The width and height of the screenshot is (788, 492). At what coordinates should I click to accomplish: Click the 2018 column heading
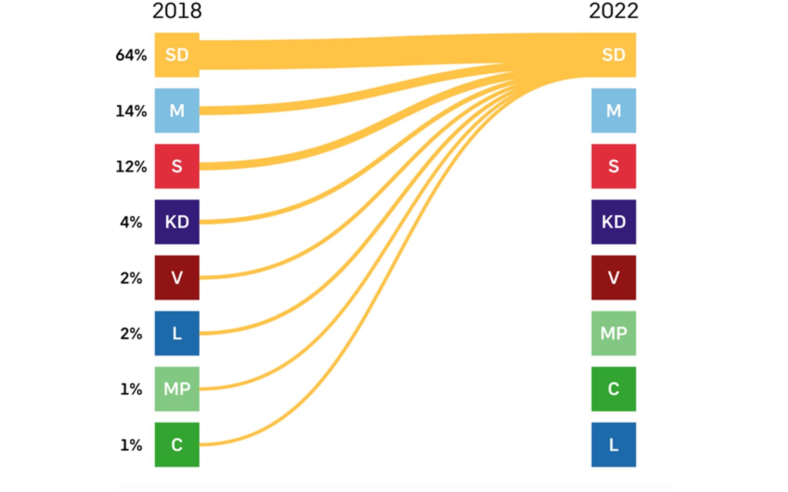point(177,11)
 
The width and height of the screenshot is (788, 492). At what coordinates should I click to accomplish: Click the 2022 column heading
point(613,11)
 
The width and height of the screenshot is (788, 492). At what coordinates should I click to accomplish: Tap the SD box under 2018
point(177,55)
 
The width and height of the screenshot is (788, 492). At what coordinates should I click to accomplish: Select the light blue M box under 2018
point(177,111)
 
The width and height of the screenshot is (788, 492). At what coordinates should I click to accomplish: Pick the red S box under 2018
point(177,166)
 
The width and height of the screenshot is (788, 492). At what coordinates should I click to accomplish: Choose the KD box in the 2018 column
point(177,222)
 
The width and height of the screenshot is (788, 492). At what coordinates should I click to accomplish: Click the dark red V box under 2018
point(177,278)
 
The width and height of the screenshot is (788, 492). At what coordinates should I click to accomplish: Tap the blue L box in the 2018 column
point(177,333)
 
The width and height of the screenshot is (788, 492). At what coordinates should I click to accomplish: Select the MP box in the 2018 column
point(177,389)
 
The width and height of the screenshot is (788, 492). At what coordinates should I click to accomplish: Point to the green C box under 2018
point(177,444)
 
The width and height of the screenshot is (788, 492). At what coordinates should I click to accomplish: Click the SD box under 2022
point(613,55)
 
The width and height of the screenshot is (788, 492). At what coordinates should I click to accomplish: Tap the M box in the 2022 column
point(613,111)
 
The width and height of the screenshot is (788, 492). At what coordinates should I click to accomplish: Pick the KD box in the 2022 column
point(613,222)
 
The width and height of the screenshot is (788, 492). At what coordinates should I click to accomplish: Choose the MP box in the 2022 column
point(613,333)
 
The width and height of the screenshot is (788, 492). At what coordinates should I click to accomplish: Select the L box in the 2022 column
point(613,444)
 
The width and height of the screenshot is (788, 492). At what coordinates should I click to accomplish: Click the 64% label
point(131,55)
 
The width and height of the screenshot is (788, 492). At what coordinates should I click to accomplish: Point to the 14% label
point(131,111)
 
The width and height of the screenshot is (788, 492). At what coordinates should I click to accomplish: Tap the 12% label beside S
point(131,167)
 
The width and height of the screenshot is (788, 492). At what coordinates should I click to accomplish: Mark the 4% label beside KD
point(131,222)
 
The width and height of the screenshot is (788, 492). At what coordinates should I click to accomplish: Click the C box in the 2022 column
point(613,389)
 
